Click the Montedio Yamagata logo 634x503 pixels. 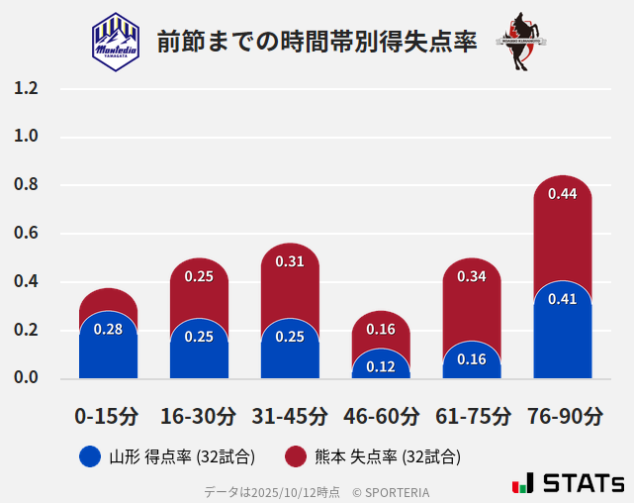click(116, 41)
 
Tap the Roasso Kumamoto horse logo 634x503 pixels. click(520, 42)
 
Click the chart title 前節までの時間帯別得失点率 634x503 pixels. click(317, 42)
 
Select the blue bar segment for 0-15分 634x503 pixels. click(108, 347)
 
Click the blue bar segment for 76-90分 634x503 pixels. click(562, 337)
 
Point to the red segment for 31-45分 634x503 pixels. click(290, 282)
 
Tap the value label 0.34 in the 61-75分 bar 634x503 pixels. click(472, 276)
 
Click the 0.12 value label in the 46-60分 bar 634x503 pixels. click(381, 366)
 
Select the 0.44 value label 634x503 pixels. click(562, 194)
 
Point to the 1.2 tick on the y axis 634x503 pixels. click(26, 88)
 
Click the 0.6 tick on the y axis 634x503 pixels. click(26, 234)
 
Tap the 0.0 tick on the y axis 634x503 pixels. click(26, 377)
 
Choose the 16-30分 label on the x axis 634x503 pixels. click(199, 416)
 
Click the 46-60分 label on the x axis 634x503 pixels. click(381, 416)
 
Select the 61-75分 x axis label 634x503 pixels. click(472, 416)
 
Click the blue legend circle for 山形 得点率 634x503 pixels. click(89, 456)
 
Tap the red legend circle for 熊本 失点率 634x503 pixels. click(295, 456)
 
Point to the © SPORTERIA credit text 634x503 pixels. click(391, 491)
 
